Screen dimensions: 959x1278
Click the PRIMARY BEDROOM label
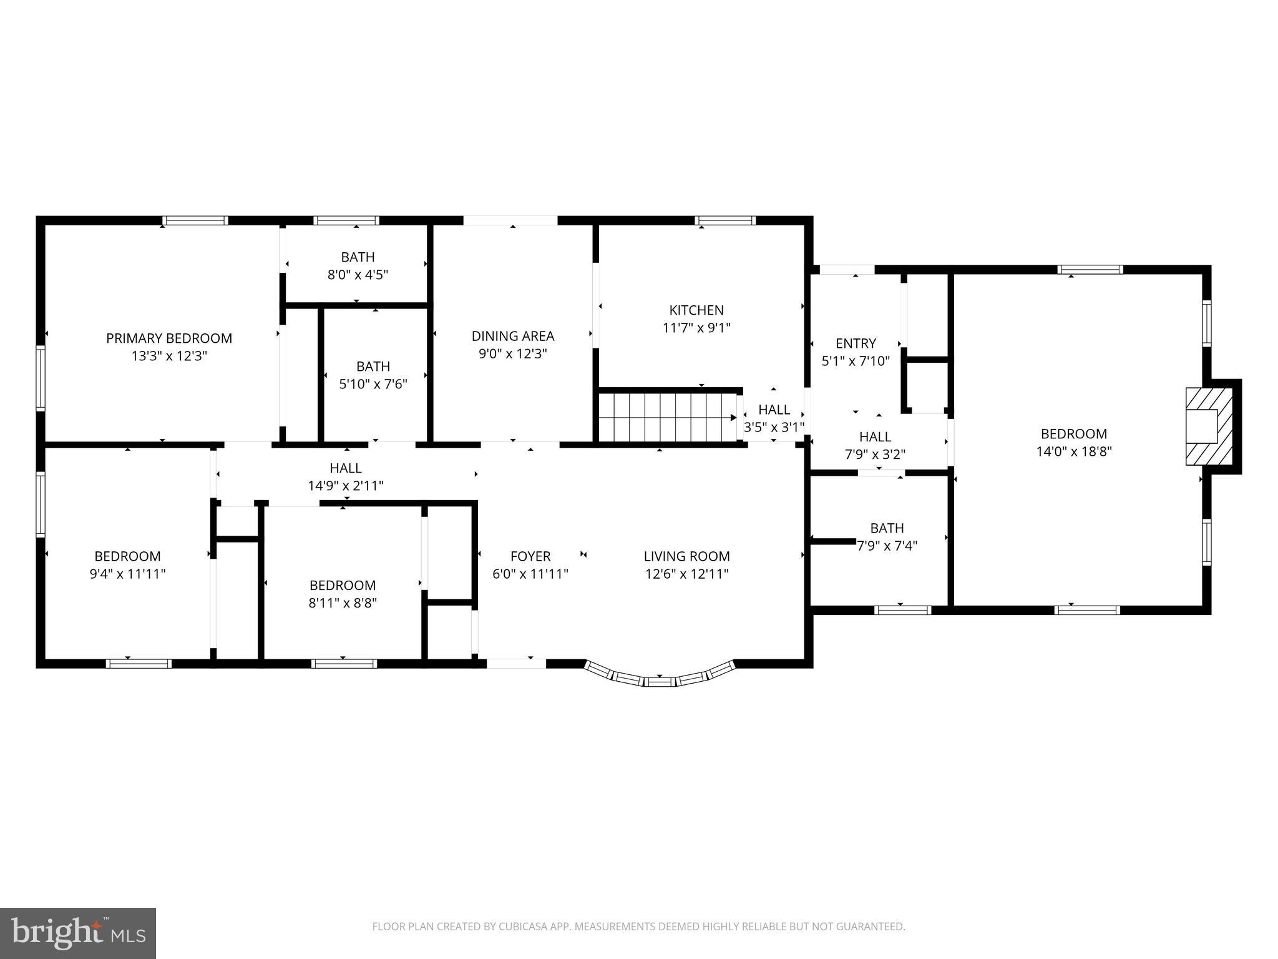[x=168, y=338]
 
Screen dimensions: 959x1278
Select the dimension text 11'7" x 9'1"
[x=696, y=328]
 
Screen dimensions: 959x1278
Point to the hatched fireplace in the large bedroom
[x=1209, y=426]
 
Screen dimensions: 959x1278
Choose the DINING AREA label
[x=512, y=337]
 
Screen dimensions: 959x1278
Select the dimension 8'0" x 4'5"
[x=358, y=275]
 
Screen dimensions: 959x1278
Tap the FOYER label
[x=530, y=556]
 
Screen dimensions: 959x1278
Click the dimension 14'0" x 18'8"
[x=1073, y=451]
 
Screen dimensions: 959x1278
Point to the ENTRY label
[x=856, y=343]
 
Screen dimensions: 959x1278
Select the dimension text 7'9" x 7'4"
[x=887, y=546]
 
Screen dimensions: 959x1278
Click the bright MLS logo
[x=78, y=933]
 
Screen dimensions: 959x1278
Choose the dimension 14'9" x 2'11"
[x=345, y=486]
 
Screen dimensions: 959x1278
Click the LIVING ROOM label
[x=686, y=556]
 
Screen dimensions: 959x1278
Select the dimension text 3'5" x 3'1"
[x=774, y=428]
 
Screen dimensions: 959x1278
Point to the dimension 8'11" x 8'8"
[x=343, y=603]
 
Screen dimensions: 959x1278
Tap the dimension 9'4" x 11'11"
[x=127, y=574]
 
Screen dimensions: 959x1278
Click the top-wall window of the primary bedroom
[x=195, y=220]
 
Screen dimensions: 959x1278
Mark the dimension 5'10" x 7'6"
[x=373, y=384]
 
